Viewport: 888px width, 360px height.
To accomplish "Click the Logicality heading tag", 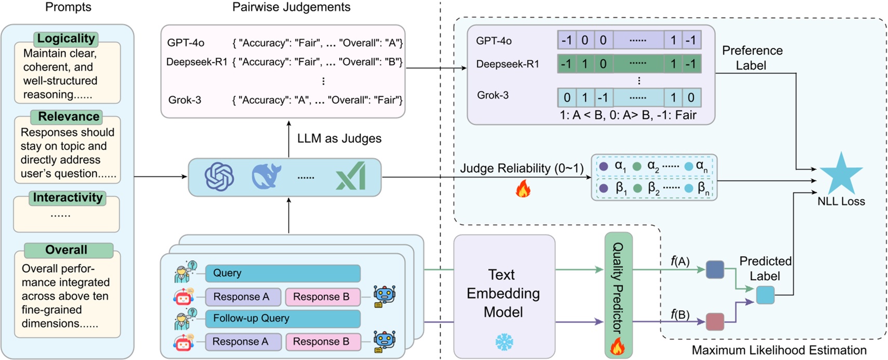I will pos(66,38).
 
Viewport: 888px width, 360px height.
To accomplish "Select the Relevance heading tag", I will pos(68,116).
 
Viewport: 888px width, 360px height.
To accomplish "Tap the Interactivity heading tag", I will pos(68,197).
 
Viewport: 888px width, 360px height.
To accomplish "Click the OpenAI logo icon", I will pos(219,177).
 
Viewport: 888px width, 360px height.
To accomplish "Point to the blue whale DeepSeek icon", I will pos(266,177).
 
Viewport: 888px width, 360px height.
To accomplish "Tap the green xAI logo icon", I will pos(352,176).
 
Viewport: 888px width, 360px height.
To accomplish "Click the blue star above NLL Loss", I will pos(841,174).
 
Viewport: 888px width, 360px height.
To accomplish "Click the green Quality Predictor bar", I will pos(618,295).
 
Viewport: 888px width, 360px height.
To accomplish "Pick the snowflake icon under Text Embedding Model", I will pos(504,342).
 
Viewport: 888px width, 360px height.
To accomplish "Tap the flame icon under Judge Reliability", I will pos(523,189).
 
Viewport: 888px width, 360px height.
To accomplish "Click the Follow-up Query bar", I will pos(282,318).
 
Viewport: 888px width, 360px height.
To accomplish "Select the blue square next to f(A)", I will pos(715,270).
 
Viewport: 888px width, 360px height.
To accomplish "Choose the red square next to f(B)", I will pos(715,322).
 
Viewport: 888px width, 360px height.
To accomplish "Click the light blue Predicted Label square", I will pos(765,295).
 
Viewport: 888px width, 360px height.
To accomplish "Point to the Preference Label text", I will pos(752,58).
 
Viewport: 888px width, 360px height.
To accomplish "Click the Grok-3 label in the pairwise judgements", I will pos(184,100).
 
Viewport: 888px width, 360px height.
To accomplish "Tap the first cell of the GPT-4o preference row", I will pos(567,40).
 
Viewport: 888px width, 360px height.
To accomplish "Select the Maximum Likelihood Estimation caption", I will pos(778,350).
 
